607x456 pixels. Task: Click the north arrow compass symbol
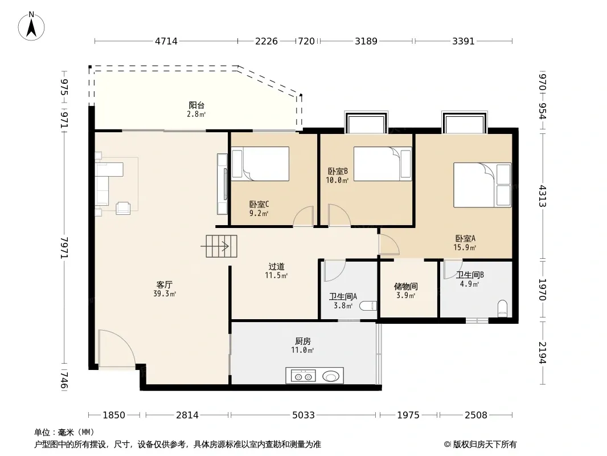tap(31, 26)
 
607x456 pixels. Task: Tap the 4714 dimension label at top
tap(166, 41)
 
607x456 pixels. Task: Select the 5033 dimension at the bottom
tap(303, 415)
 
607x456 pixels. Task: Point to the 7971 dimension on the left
tap(64, 248)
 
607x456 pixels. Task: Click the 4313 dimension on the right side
tap(543, 196)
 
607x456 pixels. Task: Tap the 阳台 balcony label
tap(196, 105)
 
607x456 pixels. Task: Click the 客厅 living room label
tap(165, 285)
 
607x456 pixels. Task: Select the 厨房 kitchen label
tap(303, 341)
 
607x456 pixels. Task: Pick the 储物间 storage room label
tap(405, 286)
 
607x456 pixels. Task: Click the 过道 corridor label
tap(276, 267)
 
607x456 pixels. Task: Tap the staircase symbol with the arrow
tap(219, 246)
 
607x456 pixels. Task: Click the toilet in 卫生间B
tap(502, 308)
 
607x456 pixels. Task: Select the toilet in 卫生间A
tap(368, 306)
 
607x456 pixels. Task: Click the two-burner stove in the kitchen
tap(303, 376)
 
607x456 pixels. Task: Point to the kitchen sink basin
tap(331, 376)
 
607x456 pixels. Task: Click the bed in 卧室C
tap(260, 164)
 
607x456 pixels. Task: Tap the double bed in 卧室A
tap(482, 185)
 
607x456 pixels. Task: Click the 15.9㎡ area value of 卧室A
tap(465, 247)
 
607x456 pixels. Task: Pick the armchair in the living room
tap(123, 208)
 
